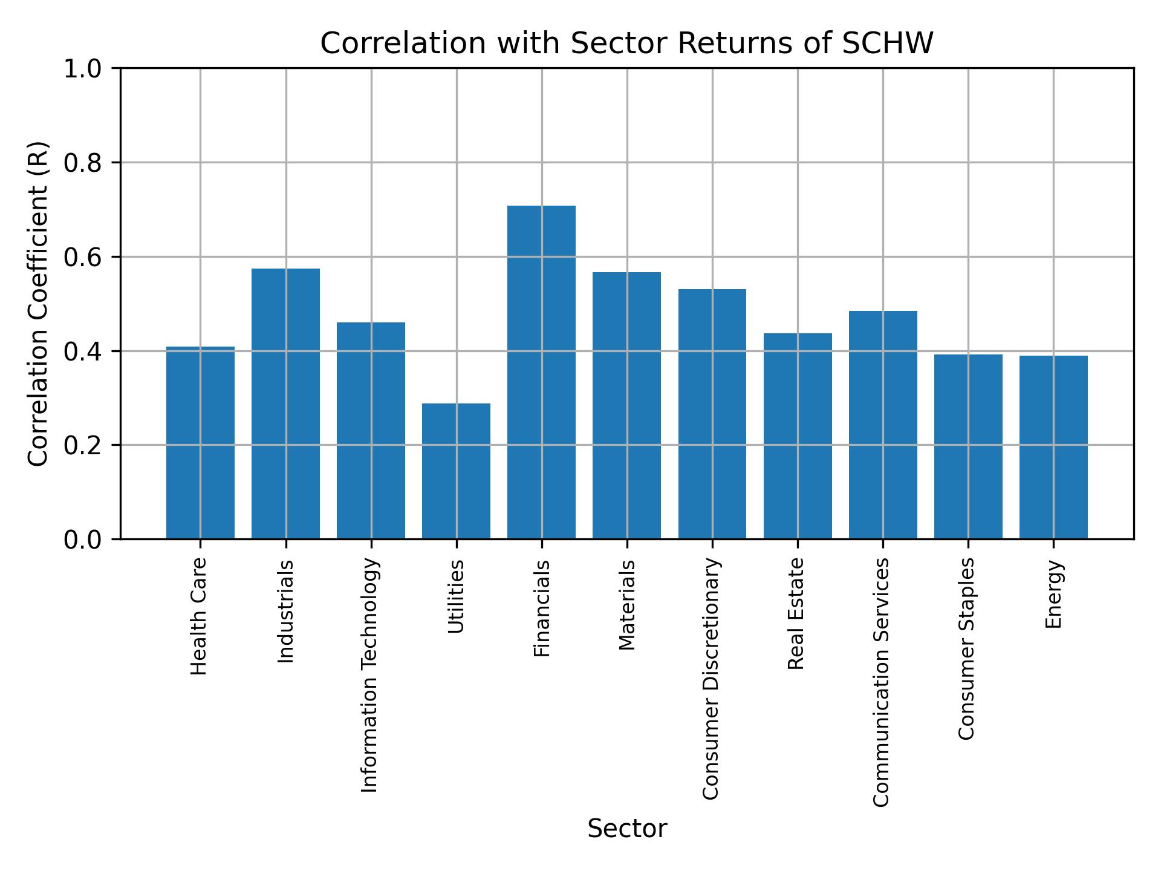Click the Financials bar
[x=541, y=372]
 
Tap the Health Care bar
[x=200, y=442]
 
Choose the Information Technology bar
[x=371, y=430]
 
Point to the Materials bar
[x=626, y=405]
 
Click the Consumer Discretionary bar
[x=712, y=414]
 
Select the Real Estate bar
[x=797, y=435]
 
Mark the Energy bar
[x=1053, y=447]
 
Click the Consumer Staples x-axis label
[x=967, y=648]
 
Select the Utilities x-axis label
[x=457, y=597]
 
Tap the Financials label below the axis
[x=542, y=608]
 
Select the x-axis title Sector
[x=627, y=829]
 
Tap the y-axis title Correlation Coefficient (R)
[x=38, y=304]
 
